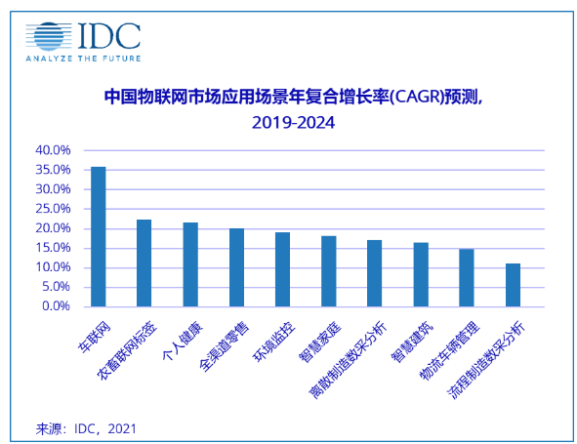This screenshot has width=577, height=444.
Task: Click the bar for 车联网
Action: tap(98, 236)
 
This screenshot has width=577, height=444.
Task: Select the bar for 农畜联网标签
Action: tap(144, 262)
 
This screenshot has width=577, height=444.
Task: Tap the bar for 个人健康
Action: tap(190, 264)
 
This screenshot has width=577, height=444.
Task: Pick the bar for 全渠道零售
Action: tap(236, 267)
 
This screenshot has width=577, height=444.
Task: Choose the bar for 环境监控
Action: tap(282, 269)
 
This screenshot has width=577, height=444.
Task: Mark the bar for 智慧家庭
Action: tap(328, 271)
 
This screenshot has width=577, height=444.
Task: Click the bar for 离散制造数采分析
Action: tap(374, 273)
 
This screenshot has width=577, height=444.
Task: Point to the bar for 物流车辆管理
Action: tap(467, 277)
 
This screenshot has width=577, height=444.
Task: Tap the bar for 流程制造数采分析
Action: tap(513, 285)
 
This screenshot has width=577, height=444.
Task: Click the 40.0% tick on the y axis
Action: tap(54, 151)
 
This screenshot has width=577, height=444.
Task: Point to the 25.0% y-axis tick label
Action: tap(54, 209)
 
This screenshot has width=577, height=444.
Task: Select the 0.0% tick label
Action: tap(57, 306)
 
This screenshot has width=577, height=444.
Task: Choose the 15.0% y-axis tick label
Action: tap(54, 248)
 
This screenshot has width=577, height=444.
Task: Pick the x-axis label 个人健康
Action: tap(180, 337)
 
